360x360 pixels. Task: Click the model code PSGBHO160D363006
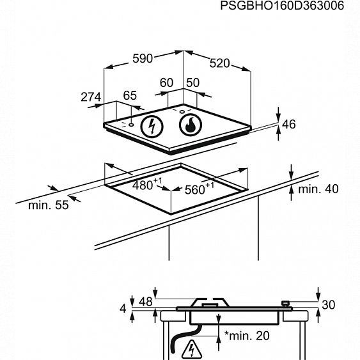282,6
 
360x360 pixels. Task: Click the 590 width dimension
143,59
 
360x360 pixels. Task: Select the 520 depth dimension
219,63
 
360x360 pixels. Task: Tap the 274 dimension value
91,97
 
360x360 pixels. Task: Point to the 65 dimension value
130,95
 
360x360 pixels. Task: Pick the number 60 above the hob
166,82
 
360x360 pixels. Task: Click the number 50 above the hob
193,82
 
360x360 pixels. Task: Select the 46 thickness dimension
289,125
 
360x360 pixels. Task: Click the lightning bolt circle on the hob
152,126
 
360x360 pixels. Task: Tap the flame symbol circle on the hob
191,125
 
